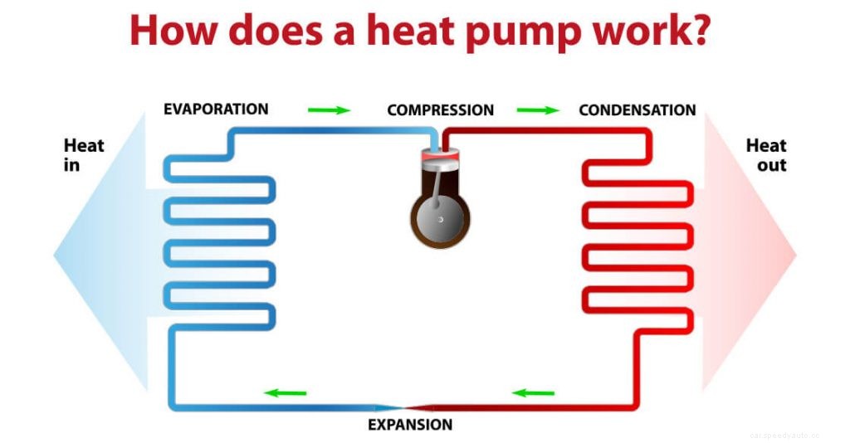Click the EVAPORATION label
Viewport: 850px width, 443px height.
[x=216, y=110]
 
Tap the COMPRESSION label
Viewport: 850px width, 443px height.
[x=440, y=110]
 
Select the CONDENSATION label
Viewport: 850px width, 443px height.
[x=637, y=110]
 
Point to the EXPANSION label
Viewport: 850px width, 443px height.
[x=411, y=425]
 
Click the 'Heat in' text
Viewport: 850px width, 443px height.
[x=84, y=155]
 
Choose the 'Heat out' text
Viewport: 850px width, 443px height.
[x=765, y=155]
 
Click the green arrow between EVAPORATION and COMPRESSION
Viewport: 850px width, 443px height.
[x=329, y=110]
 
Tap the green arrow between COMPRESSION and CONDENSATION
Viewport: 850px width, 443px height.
[x=538, y=110]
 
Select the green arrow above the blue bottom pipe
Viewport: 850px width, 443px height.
[x=285, y=392]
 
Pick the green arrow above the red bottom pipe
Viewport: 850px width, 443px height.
[x=533, y=392]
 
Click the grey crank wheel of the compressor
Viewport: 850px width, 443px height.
[x=440, y=218]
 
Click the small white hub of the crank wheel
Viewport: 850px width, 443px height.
[x=441, y=219]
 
